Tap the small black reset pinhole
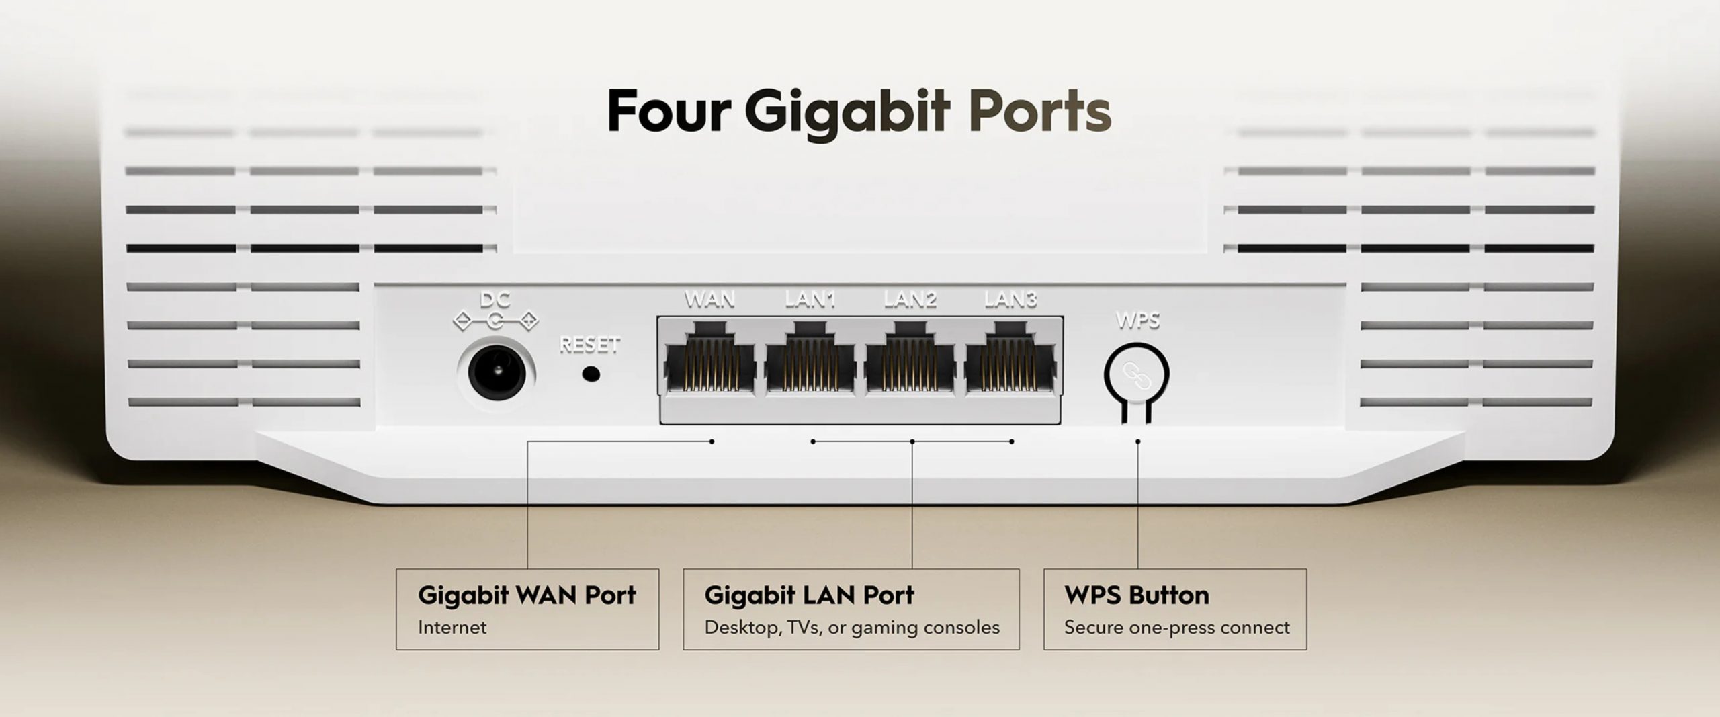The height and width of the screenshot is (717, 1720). click(591, 374)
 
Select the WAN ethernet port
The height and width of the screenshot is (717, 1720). click(710, 357)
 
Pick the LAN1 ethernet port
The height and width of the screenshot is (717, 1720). click(810, 357)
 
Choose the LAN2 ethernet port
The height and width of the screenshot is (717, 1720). click(910, 357)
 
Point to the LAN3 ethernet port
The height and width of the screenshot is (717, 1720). click(1010, 357)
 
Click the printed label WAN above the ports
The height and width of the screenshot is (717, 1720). click(709, 300)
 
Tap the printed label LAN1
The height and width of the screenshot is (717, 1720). click(810, 300)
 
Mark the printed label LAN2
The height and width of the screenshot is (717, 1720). click(910, 300)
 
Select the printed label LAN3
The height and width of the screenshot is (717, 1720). click(1010, 300)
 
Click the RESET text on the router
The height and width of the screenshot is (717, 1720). click(590, 345)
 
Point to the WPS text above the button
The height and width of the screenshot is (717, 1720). click(1137, 321)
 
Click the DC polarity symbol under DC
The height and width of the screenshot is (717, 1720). click(496, 321)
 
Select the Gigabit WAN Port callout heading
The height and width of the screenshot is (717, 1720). click(527, 595)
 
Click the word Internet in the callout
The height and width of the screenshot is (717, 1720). click(452, 628)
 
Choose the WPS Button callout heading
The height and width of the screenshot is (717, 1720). click(1137, 595)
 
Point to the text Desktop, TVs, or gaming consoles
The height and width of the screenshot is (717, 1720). click(852, 628)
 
